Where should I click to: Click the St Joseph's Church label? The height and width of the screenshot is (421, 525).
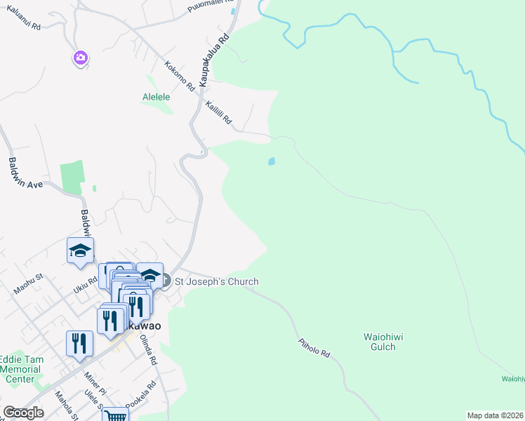[x=216, y=281]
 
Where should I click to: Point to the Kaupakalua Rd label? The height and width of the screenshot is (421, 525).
[x=214, y=60]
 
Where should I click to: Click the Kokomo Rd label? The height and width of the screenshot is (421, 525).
[x=179, y=77]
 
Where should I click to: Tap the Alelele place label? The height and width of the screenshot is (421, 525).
[x=157, y=97]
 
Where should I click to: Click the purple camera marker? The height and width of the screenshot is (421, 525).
[x=80, y=58]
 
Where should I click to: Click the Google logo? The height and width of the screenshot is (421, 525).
[x=24, y=413]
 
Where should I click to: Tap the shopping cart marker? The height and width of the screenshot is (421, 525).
[x=114, y=415]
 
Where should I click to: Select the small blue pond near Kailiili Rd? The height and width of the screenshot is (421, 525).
[x=271, y=161]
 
